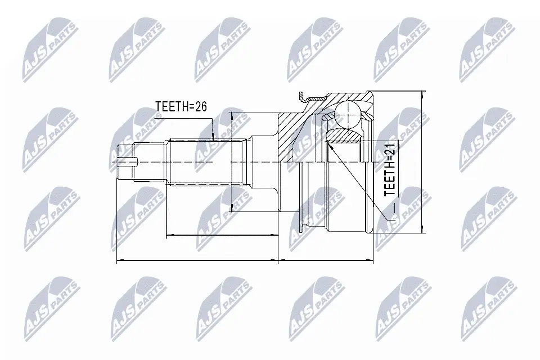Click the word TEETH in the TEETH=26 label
[172, 106]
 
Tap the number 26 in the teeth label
[201, 106]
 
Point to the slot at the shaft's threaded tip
[128, 161]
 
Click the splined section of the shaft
[206, 161]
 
